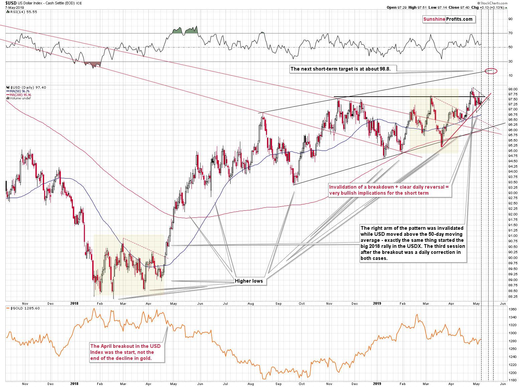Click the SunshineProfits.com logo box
pyautogui.click(x=448, y=19)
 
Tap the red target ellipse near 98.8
pyautogui.click(x=491, y=71)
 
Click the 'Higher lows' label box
pyautogui.click(x=249, y=281)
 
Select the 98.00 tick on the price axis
pyautogui.click(x=513, y=89)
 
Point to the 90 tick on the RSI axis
pyautogui.click(x=510, y=19)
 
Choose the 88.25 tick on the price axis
pyautogui.click(x=513, y=297)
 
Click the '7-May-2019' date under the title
pyautogui.click(x=15, y=7)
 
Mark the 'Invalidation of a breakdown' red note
pyautogui.click(x=389, y=190)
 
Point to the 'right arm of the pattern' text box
pyautogui.click(x=413, y=243)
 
